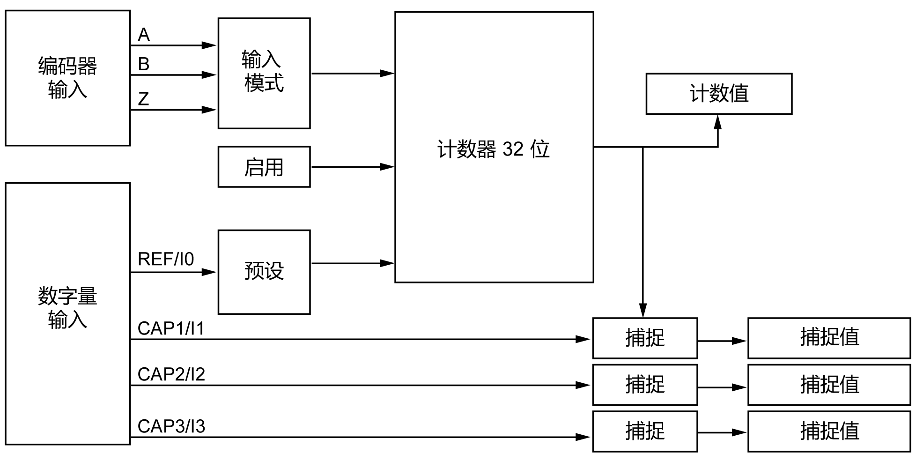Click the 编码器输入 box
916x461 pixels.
click(x=67, y=78)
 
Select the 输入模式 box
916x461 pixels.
click(x=264, y=73)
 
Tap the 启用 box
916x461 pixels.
click(x=264, y=167)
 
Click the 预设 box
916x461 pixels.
click(x=264, y=272)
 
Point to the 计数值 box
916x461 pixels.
click(x=719, y=94)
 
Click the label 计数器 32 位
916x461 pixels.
click(x=494, y=149)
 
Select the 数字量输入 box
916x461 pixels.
click(x=67, y=313)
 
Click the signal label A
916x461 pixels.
click(x=144, y=35)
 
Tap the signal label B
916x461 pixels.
click(x=144, y=64)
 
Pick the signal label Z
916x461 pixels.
click(x=143, y=99)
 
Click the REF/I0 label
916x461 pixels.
click(x=166, y=259)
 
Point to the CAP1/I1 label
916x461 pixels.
click(x=171, y=328)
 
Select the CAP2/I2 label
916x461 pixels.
click(x=171, y=374)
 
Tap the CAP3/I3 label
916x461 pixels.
click(x=171, y=426)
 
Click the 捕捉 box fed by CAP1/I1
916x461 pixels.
click(x=645, y=338)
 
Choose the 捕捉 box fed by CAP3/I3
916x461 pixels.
click(x=645, y=431)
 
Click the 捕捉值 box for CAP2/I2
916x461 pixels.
click(x=829, y=385)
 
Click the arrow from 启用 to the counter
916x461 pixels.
click(x=352, y=167)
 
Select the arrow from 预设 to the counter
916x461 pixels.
click(x=352, y=263)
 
